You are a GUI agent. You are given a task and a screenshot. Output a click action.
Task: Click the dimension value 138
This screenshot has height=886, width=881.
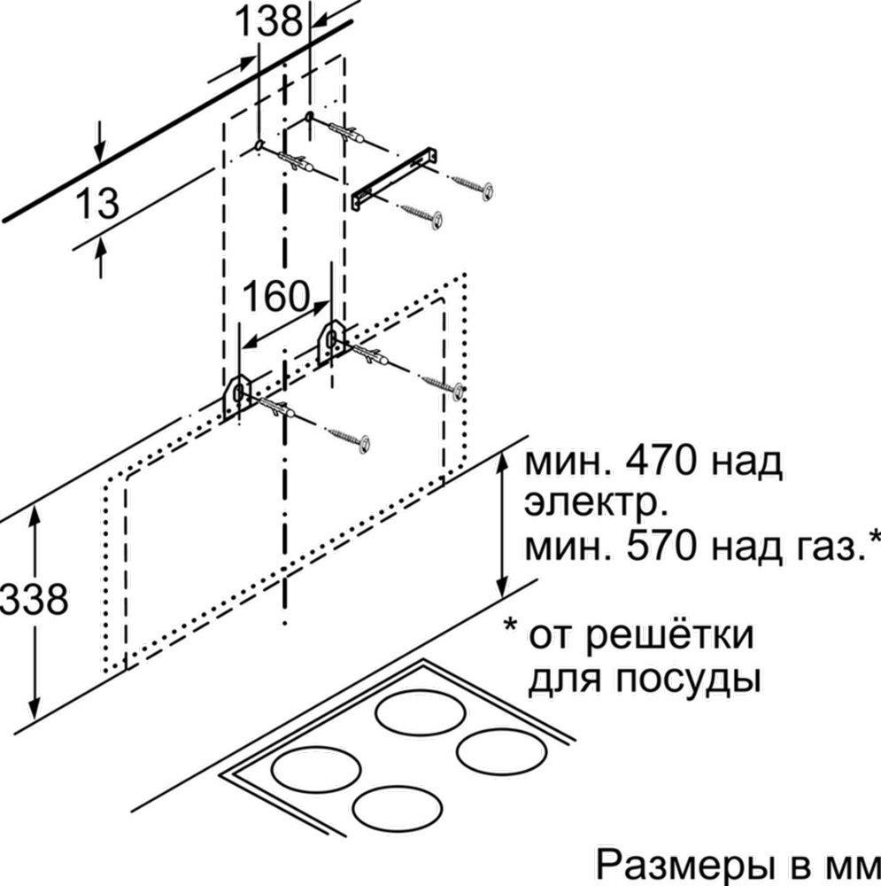(x=267, y=22)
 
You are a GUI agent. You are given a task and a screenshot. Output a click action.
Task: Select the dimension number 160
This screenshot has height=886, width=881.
(x=277, y=296)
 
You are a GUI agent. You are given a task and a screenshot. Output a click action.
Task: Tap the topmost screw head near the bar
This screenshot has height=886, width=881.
(x=487, y=190)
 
